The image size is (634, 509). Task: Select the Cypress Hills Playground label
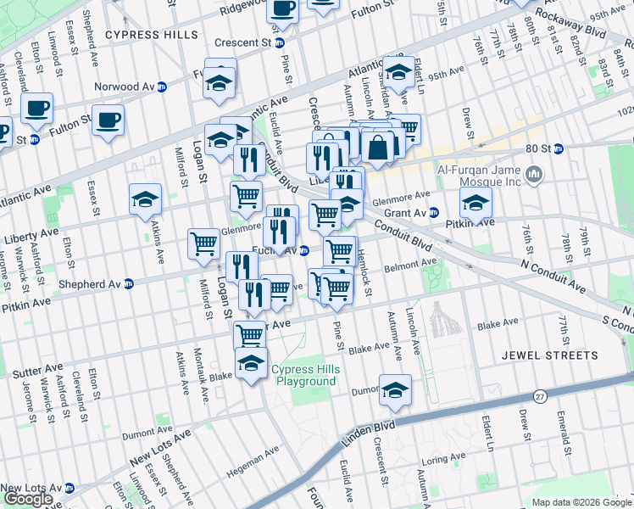coord(304,375)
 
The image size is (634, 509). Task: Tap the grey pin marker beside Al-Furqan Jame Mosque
coord(534,175)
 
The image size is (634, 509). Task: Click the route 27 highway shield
coord(540,396)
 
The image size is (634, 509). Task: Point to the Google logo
coord(28,499)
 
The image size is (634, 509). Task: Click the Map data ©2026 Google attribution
coord(581,502)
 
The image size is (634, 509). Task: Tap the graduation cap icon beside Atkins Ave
coord(146,199)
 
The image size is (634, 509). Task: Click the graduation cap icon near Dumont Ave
coord(395,389)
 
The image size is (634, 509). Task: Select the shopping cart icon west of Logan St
coord(204,244)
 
